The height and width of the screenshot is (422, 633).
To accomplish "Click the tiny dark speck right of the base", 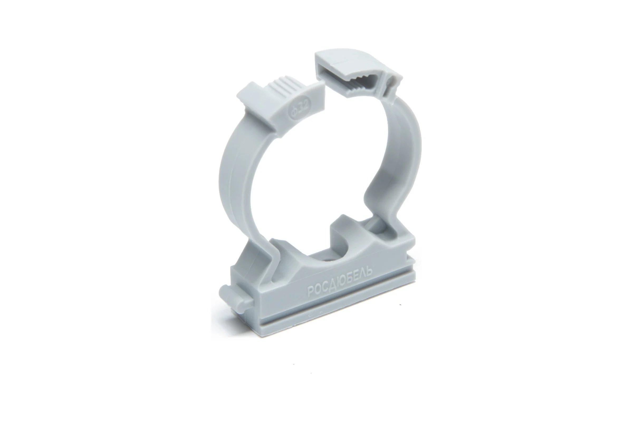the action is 400,305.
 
